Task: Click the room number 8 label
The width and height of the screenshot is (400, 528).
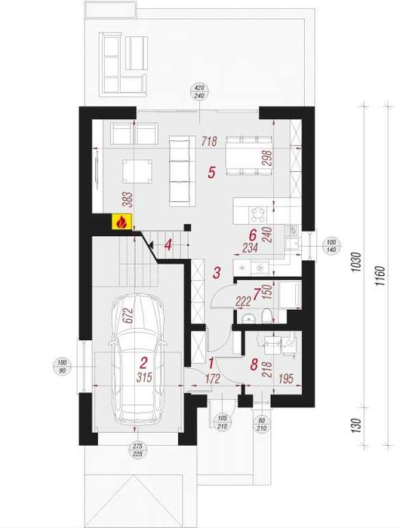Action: (x=254, y=364)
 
